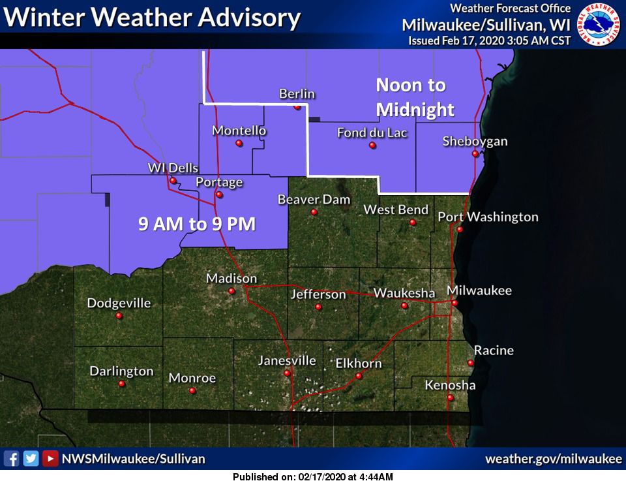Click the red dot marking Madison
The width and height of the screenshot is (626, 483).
click(x=231, y=291)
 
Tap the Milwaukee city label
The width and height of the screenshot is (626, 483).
click(x=479, y=290)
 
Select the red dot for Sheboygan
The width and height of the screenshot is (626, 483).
click(x=475, y=154)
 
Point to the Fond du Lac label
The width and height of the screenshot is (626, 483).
click(x=372, y=133)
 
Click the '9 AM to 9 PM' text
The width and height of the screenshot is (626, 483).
click(x=196, y=225)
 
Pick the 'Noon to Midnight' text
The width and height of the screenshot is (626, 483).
click(x=415, y=97)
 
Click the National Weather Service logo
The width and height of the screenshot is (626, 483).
click(x=601, y=25)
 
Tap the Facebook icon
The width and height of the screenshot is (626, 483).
click(x=11, y=459)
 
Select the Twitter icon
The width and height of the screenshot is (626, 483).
click(x=31, y=459)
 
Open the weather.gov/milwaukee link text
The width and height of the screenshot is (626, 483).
click(x=554, y=459)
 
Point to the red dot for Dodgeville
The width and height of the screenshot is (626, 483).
click(x=119, y=316)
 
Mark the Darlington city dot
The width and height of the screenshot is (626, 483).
click(x=122, y=384)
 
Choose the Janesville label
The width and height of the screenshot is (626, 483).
click(x=287, y=360)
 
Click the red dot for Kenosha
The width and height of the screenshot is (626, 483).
click(x=450, y=397)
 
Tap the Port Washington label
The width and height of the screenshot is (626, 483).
click(x=488, y=217)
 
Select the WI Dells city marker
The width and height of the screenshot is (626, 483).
click(x=173, y=181)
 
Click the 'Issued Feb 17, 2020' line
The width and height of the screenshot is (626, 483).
click(x=489, y=40)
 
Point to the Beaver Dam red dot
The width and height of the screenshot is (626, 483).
click(x=314, y=212)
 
